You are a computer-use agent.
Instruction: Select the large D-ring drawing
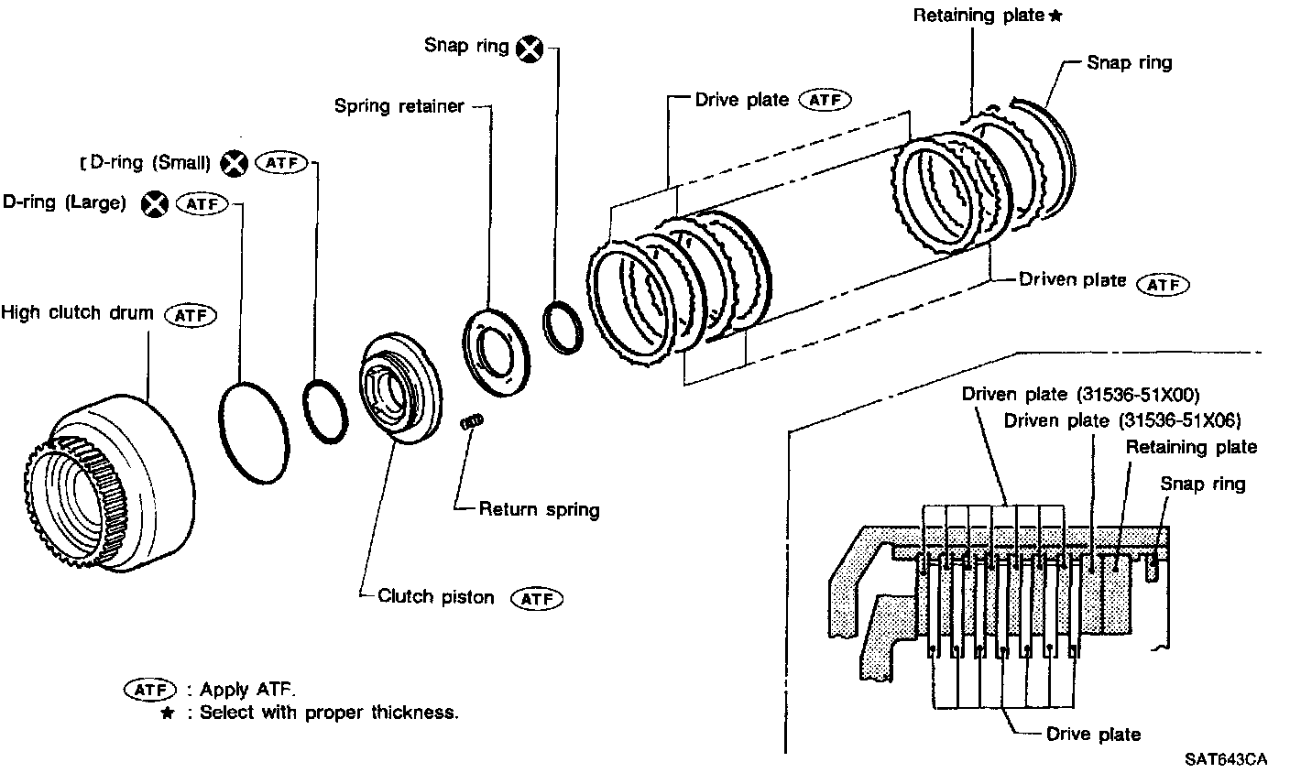coord(253,432)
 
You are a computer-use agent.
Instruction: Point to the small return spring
coord(471,422)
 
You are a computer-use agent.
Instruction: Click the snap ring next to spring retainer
coord(560,324)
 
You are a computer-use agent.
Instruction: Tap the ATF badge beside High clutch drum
coord(190,315)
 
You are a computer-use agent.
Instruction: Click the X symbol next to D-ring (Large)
coord(155,204)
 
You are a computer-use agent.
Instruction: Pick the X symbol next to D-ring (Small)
coord(235,164)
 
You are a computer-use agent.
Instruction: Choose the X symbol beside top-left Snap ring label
coord(530,49)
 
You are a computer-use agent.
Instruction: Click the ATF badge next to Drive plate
coord(825,100)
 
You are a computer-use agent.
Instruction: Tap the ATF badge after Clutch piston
coord(537,599)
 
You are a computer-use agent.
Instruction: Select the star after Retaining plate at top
coord(1055,16)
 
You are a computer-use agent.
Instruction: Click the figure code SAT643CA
coord(1225,759)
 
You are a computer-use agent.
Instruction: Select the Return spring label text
coord(539,509)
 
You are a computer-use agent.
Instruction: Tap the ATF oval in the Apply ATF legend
coord(149,690)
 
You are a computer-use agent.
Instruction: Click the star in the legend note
coord(166,713)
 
